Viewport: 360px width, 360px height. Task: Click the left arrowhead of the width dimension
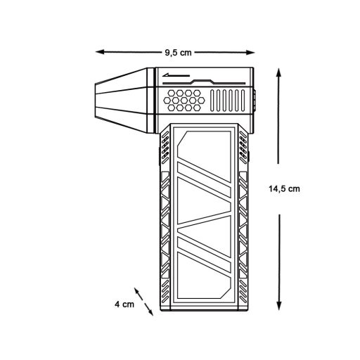(x=98, y=51)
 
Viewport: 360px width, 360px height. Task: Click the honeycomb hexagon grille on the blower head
(x=185, y=102)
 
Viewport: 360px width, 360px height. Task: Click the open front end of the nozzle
(x=97, y=105)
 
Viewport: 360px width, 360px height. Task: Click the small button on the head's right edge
(x=254, y=98)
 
